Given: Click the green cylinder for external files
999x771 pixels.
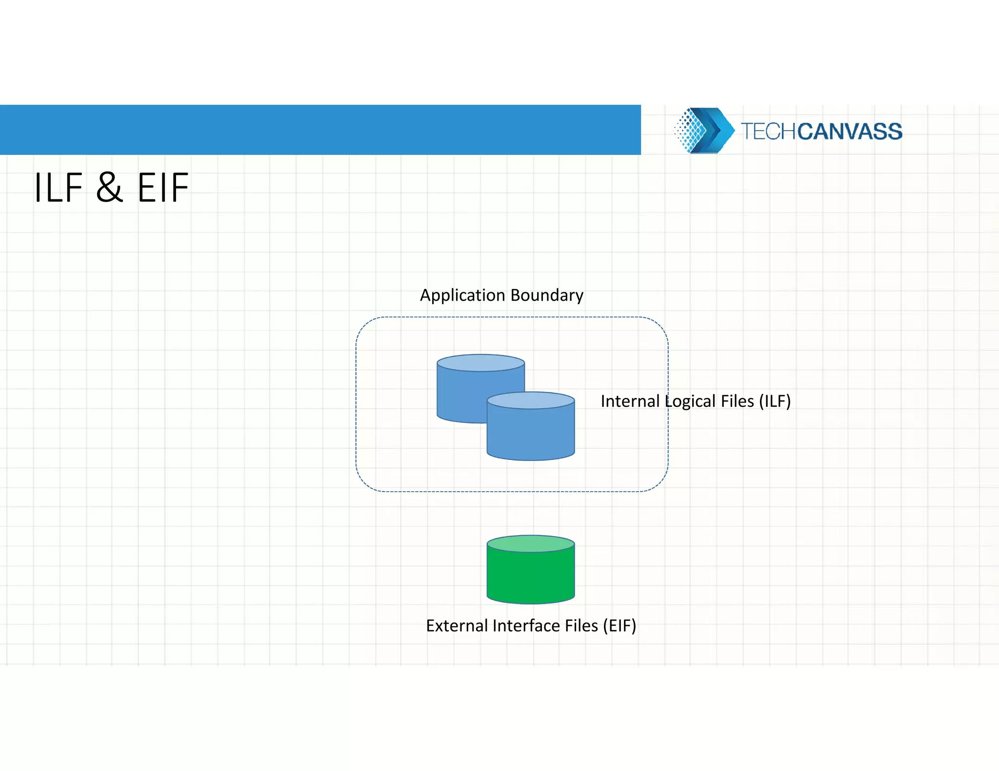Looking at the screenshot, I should [x=531, y=575].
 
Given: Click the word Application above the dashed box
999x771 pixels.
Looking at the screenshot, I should [x=462, y=295].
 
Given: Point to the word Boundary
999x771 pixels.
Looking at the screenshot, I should [x=547, y=295].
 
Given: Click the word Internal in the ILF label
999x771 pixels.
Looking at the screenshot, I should [x=630, y=401].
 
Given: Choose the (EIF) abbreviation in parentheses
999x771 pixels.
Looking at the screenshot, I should [x=619, y=626].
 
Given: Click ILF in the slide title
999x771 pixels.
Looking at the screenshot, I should [x=59, y=188].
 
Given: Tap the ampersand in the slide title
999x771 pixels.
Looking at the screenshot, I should [x=109, y=188].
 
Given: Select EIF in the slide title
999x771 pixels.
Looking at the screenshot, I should [x=163, y=188].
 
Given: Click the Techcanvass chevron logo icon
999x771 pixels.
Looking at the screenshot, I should [x=703, y=131].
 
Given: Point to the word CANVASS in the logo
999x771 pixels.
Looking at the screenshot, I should [x=850, y=132].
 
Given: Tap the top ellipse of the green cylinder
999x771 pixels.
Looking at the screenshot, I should [x=531, y=543].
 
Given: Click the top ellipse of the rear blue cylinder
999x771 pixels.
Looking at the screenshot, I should [x=480, y=363].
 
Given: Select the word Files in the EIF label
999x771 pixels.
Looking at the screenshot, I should [x=581, y=626].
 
